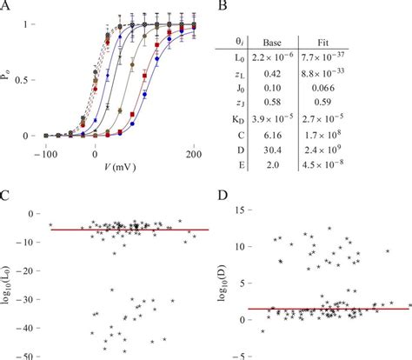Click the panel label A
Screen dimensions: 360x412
coord(7,7)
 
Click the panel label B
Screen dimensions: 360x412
coord(222,7)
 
